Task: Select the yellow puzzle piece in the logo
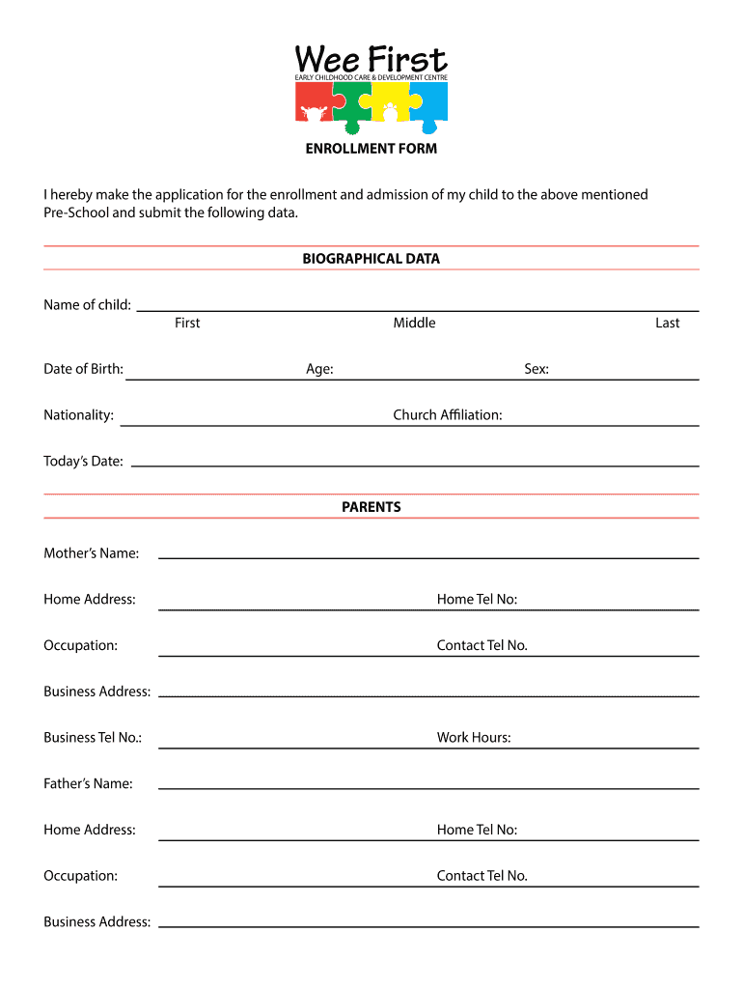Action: click(390, 101)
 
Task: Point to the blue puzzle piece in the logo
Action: click(429, 102)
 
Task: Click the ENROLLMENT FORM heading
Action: click(371, 149)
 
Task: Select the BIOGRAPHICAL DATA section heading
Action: click(371, 259)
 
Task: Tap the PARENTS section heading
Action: click(371, 507)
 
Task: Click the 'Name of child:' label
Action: click(87, 305)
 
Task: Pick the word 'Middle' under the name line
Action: click(414, 323)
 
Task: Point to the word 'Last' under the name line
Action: click(668, 323)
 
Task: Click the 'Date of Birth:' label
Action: click(83, 369)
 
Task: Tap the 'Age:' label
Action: click(319, 369)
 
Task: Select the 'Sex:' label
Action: click(537, 369)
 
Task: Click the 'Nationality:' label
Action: click(78, 415)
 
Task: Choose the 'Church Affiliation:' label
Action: click(448, 415)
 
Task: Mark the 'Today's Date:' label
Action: click(83, 462)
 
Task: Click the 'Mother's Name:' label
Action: click(91, 553)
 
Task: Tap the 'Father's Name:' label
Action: click(88, 783)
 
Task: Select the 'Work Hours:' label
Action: click(474, 738)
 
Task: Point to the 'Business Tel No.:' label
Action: click(93, 738)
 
